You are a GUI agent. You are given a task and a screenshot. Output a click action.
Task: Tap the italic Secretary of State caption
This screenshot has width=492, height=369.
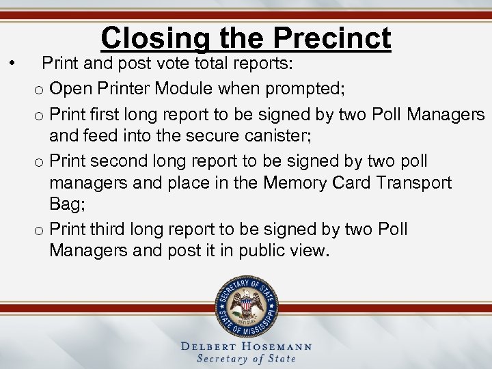tap(246, 359)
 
